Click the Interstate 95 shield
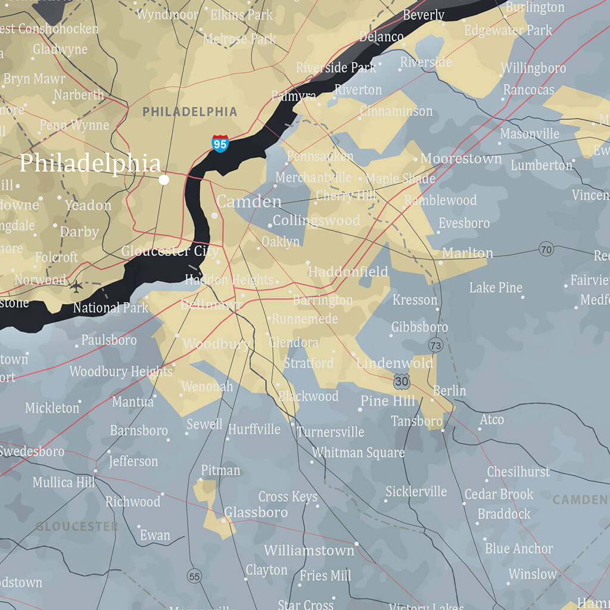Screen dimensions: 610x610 click(220, 143)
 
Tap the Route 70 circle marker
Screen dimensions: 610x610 click(546, 249)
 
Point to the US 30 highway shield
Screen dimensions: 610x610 click(402, 381)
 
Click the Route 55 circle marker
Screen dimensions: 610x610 click(194, 576)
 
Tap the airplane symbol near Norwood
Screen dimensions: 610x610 click(76, 286)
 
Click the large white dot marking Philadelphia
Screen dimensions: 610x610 click(164, 179)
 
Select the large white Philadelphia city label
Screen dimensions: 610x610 click(90, 163)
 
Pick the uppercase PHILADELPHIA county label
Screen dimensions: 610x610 click(189, 111)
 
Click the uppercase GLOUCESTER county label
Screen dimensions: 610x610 click(76, 527)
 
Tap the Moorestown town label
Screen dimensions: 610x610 click(461, 158)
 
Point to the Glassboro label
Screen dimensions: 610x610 click(256, 512)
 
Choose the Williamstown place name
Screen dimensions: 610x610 click(309, 550)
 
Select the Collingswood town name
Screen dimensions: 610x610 click(316, 220)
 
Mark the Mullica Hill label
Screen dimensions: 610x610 click(64, 482)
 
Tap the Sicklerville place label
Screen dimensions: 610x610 click(416, 491)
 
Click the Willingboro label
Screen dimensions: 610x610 click(533, 69)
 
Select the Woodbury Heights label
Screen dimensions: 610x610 click(121, 372)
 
